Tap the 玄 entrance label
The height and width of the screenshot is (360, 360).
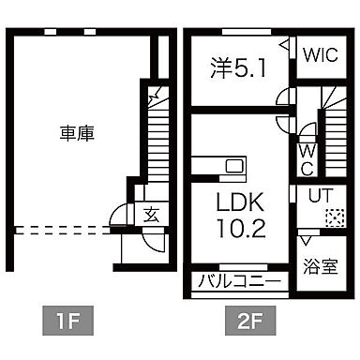click(151, 215)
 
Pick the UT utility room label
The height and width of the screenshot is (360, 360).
click(316, 196)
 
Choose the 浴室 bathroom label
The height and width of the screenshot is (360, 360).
click(319, 266)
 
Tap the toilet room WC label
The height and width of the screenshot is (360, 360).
click(307, 157)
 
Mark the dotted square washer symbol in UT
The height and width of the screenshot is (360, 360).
click(329, 217)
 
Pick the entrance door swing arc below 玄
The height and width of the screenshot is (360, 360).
click(149, 239)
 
